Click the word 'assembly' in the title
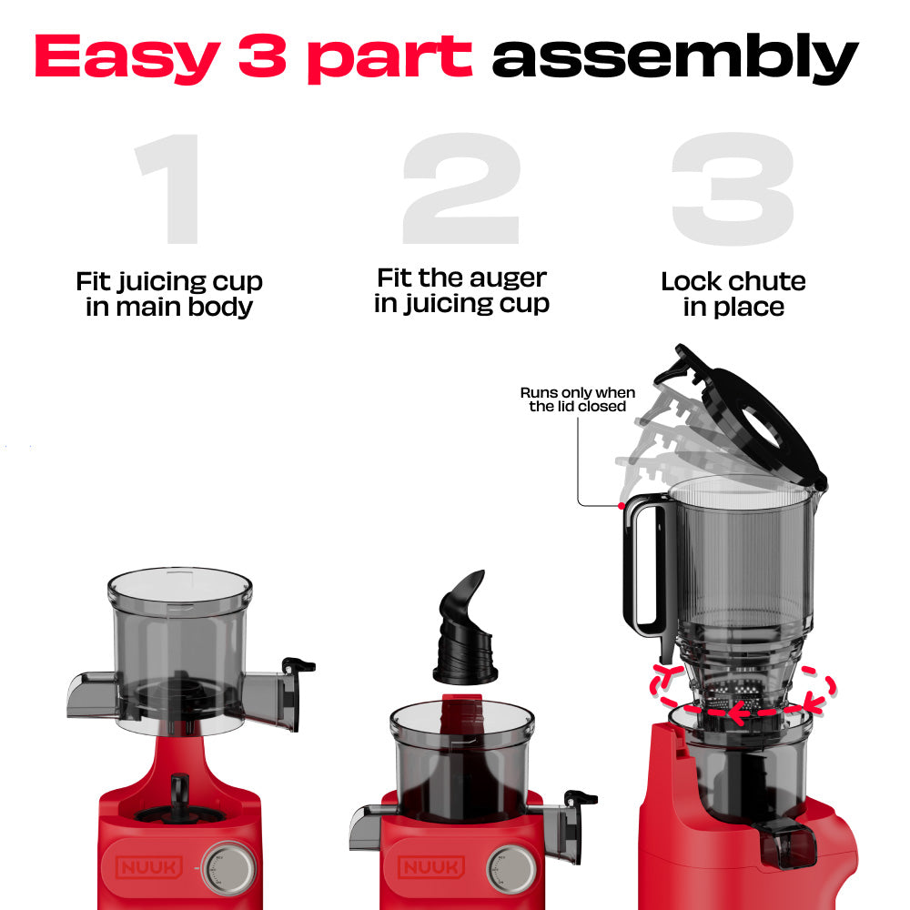pos(675,58)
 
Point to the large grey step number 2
pos(461,188)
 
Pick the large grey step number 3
pos(733,188)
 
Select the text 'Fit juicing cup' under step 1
pos(169,283)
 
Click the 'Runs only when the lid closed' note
pos(578,399)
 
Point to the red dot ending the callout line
pos(621,506)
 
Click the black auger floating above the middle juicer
pos(464,627)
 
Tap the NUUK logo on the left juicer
pos(149,867)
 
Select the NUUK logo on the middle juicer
pos(431,867)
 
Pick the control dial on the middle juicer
pos(511,869)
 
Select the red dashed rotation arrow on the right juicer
pos(743,693)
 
